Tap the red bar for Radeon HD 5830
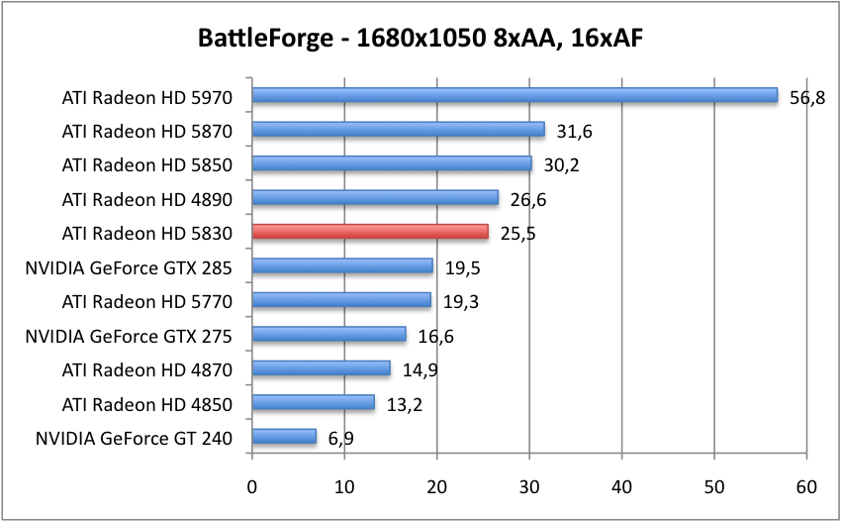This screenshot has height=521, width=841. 370,232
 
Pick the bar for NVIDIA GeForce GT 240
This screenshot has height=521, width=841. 284,437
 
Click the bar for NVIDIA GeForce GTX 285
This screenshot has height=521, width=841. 342,266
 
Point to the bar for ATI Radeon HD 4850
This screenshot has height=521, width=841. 313,402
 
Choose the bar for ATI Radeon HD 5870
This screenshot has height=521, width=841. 398,130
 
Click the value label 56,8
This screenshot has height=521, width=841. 807,98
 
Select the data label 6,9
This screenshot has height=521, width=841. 339,438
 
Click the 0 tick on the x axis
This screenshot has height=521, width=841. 252,486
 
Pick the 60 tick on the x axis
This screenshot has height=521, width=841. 806,486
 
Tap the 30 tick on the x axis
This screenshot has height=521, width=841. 529,486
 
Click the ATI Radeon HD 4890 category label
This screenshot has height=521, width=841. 146,199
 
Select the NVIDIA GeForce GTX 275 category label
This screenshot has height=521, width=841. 129,336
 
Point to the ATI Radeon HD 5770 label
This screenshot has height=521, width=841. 146,301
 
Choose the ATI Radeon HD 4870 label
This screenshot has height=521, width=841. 146,369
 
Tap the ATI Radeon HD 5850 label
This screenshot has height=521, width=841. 146,164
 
